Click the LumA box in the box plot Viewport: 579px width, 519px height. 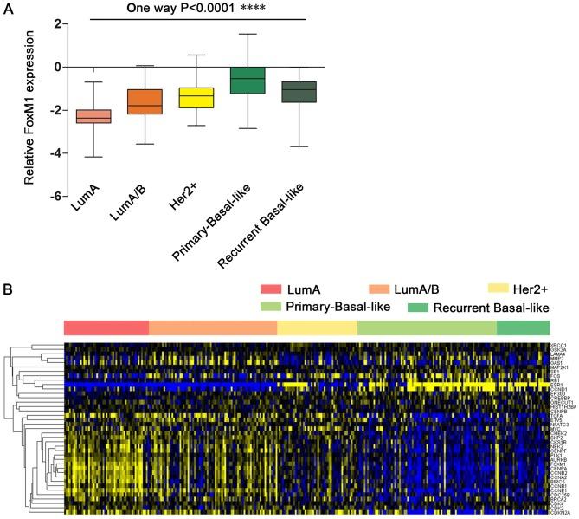click(93, 117)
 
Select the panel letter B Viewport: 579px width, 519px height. click(9, 283)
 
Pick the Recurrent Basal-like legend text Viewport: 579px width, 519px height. click(492, 307)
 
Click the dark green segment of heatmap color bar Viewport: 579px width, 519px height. click(523, 327)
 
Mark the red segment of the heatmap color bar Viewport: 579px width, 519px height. click(106, 327)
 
